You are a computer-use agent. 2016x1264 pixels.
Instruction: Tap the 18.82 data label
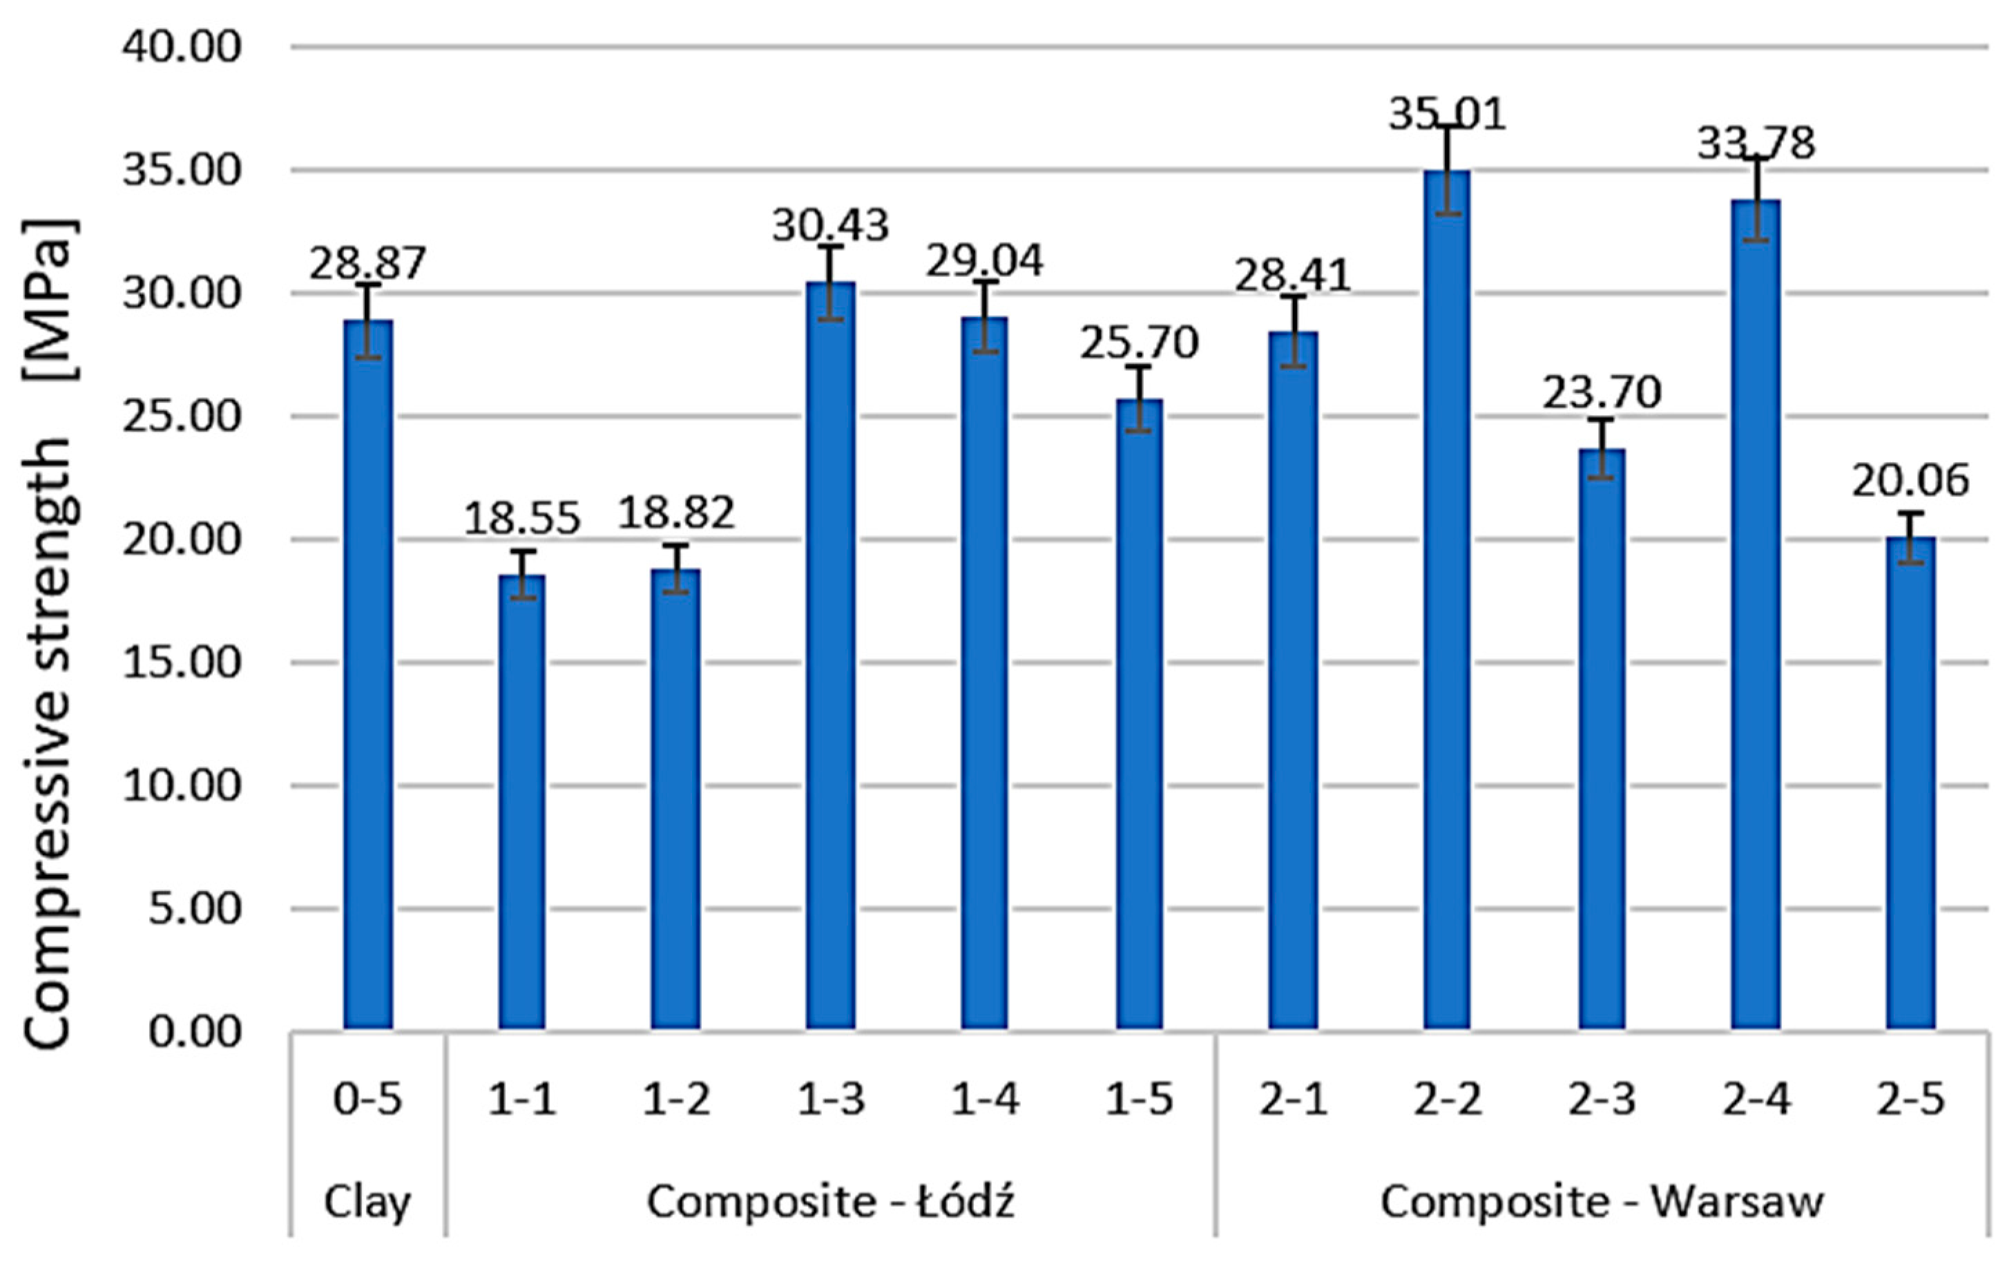click(x=676, y=513)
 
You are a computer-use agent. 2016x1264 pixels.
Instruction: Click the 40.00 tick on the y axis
click(x=182, y=47)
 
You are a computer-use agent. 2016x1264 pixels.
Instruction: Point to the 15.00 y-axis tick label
click(x=182, y=663)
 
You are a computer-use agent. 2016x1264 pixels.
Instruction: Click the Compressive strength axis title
click(x=50, y=635)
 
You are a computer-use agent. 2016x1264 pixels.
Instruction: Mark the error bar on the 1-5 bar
click(x=1138, y=399)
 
